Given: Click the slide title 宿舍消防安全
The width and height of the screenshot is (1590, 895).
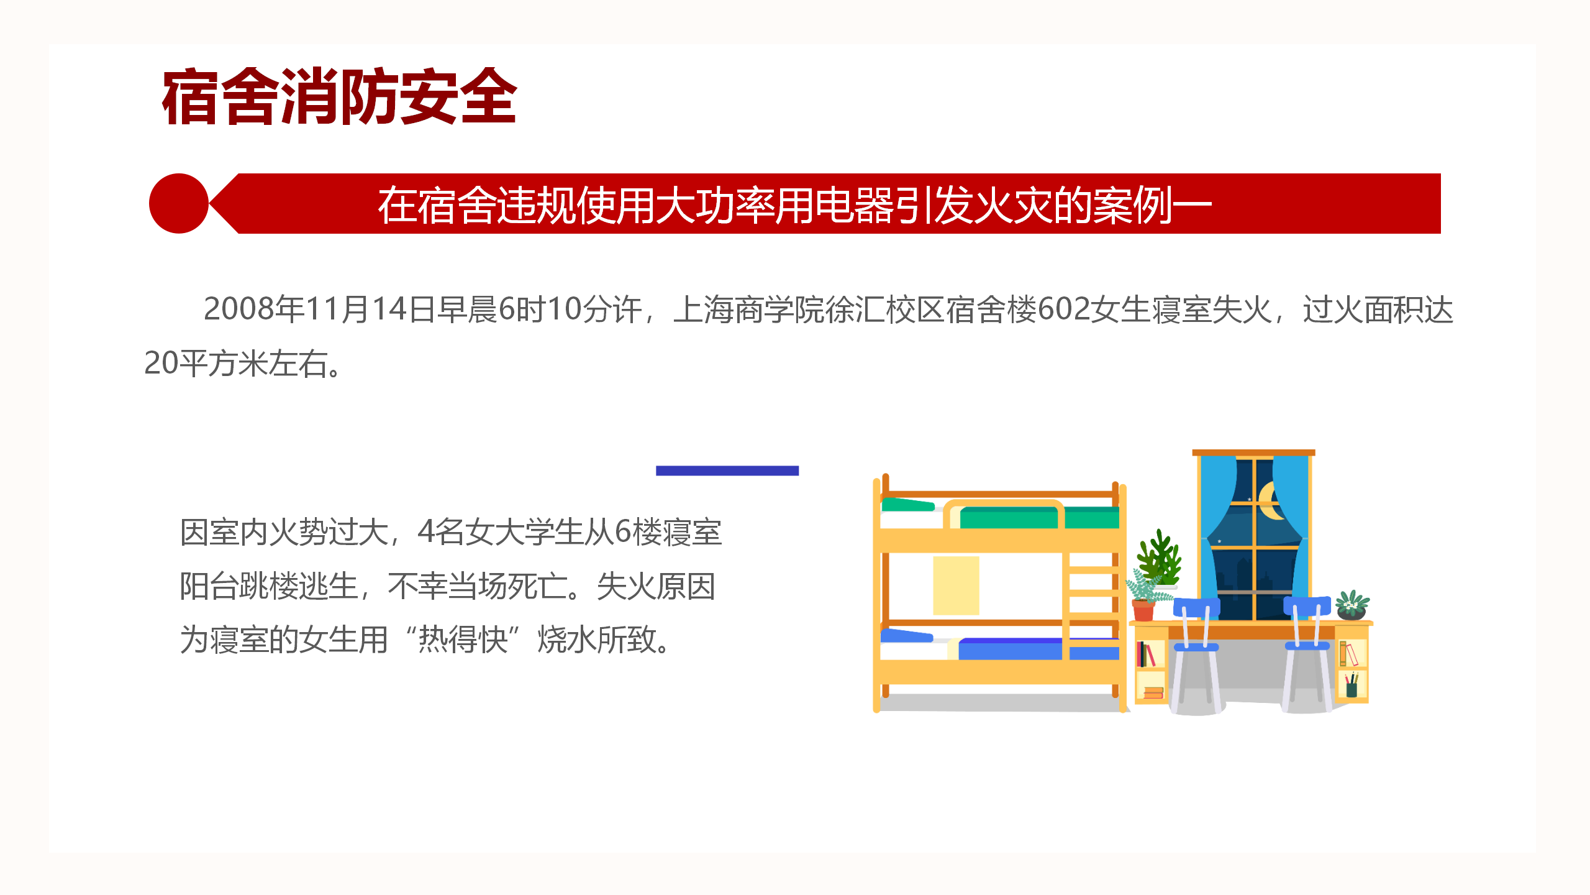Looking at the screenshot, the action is (339, 97).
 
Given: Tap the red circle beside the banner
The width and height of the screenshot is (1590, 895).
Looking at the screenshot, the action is (179, 203).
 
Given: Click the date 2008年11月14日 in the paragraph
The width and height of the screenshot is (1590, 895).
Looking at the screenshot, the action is (320, 309).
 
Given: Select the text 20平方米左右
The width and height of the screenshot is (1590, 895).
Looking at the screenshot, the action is (236, 363).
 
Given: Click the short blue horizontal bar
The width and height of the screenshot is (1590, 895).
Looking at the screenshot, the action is (727, 470).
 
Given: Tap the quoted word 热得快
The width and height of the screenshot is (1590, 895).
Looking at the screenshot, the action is (463, 640).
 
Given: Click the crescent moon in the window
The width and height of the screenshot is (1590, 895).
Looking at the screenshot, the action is (1270, 501).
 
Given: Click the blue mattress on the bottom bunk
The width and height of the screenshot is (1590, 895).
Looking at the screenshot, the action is (1037, 649).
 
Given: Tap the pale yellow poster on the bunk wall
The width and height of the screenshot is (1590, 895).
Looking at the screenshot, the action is (956, 585).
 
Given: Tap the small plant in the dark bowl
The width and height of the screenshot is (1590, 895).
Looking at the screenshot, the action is (1352, 605).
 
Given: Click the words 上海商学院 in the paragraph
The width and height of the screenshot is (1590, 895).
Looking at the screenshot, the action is (749, 309).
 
